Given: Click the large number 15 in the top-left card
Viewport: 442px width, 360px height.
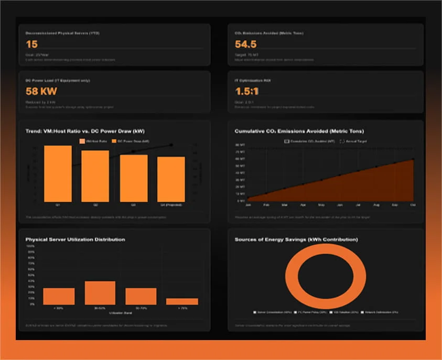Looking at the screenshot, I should click(x=31, y=45).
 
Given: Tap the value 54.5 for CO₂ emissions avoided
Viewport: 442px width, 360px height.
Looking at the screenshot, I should click(x=245, y=45).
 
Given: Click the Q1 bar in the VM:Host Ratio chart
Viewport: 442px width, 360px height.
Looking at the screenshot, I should click(x=58, y=173).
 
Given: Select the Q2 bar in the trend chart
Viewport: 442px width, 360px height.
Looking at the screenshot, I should click(x=95, y=176).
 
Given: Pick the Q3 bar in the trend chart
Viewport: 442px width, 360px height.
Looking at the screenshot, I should click(x=133, y=178).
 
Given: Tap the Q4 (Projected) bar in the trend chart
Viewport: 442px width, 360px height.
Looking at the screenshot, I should click(x=171, y=179).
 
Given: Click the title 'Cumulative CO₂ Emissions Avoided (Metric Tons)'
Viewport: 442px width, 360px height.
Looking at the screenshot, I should click(x=299, y=130).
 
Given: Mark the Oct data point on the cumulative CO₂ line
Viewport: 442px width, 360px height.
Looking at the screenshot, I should click(x=413, y=159).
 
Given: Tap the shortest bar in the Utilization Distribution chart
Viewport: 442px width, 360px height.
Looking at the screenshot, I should click(x=175, y=301).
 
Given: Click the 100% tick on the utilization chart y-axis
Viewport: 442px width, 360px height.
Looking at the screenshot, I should click(x=30, y=245).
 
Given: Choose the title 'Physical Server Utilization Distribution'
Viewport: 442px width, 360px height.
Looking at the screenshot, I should click(x=76, y=239).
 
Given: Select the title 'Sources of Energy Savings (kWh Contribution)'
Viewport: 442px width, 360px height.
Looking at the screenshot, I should click(x=296, y=239).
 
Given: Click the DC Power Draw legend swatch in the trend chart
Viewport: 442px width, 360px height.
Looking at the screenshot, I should click(x=113, y=141).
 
